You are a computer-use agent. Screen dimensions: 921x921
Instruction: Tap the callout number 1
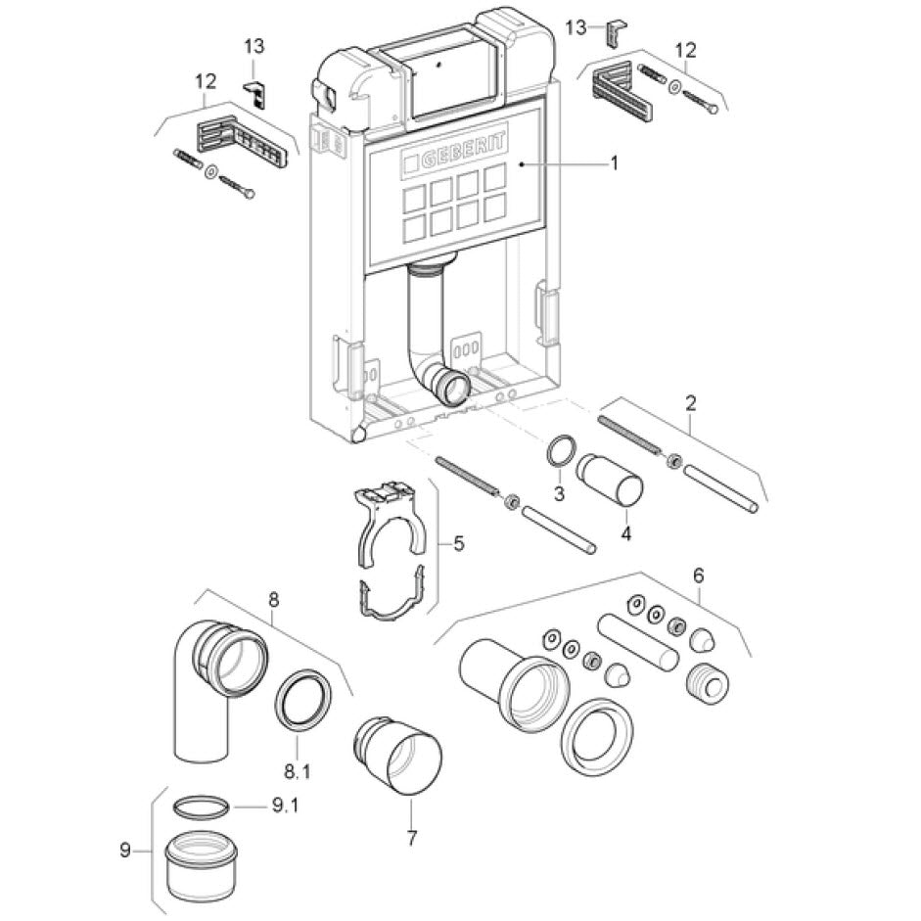coord(614,164)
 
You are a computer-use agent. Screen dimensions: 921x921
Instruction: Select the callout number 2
coord(691,402)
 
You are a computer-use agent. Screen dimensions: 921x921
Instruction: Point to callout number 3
coord(560,493)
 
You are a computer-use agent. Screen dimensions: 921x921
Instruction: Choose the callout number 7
coord(411,837)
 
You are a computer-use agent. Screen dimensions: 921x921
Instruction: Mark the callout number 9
coord(125,851)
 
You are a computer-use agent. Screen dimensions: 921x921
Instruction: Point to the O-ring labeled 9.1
coord(203,806)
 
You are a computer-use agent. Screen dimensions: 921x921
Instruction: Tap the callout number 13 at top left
coord(254,46)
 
